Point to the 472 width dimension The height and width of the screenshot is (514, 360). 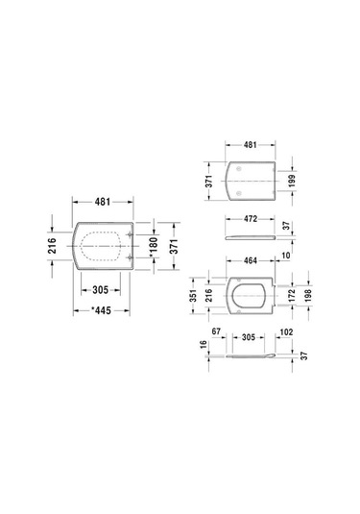coord(249,220)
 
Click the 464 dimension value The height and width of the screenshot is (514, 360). coord(249,261)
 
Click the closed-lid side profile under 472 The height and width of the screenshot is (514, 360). coord(249,235)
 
